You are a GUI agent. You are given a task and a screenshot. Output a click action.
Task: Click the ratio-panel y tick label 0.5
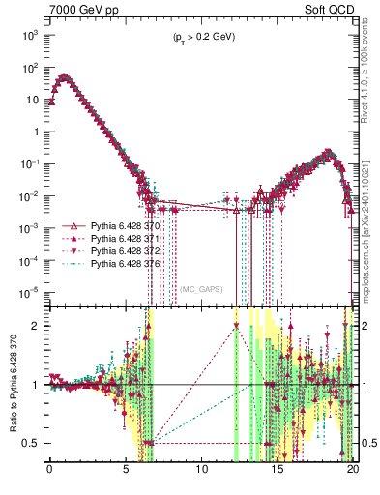pyautogui.click(x=33, y=444)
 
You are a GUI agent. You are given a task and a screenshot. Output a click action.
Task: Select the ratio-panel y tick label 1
pyautogui.click(x=38, y=385)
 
